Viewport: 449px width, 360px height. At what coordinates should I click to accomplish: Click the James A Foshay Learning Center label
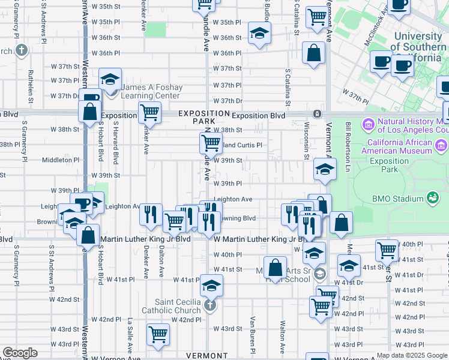click(x=151, y=91)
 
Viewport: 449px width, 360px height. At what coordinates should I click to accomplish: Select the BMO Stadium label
click(x=398, y=197)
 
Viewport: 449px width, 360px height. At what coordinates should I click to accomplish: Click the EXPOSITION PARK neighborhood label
click(x=203, y=117)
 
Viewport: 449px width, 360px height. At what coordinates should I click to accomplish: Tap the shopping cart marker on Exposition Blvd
click(x=149, y=112)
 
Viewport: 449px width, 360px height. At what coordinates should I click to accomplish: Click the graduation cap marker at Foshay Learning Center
click(x=110, y=80)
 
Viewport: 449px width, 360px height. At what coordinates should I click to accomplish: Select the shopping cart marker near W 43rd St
click(x=158, y=334)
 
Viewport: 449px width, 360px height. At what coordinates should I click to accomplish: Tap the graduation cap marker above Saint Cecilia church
click(x=211, y=286)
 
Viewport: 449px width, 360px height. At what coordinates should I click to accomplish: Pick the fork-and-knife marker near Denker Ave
click(x=150, y=214)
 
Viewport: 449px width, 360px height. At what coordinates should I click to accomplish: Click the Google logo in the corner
click(x=20, y=353)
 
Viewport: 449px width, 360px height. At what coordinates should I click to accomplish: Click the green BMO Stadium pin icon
click(x=431, y=197)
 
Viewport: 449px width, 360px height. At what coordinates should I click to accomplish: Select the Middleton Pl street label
click(x=59, y=160)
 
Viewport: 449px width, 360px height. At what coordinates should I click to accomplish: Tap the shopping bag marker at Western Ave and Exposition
click(x=89, y=112)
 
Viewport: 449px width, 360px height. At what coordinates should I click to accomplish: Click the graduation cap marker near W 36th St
click(x=259, y=34)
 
